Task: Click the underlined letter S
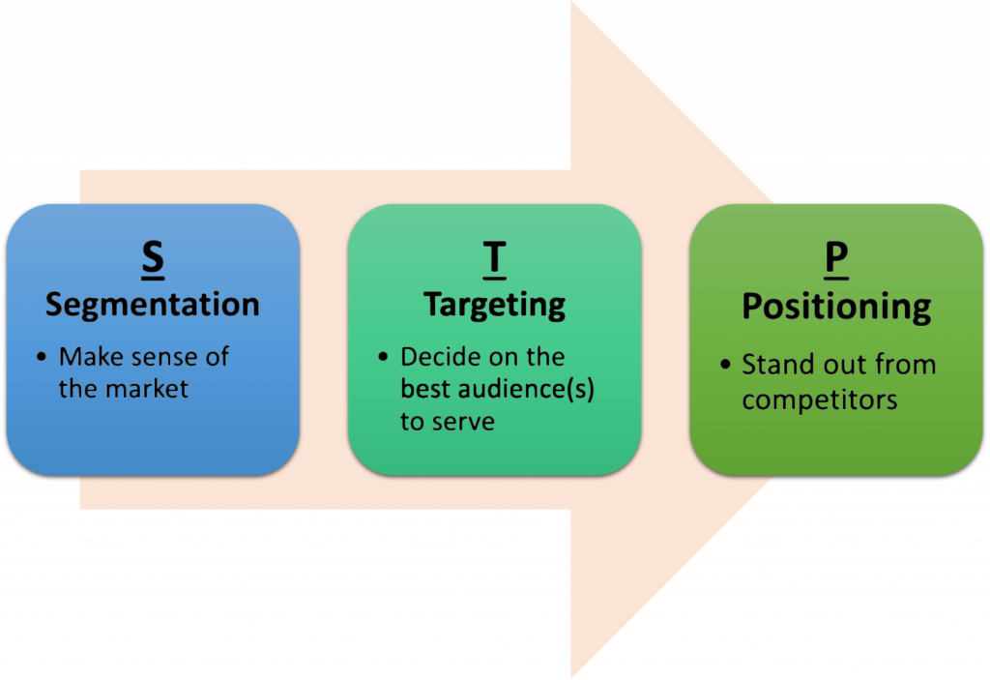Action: click(x=153, y=259)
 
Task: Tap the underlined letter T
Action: click(x=494, y=259)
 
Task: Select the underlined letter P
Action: click(x=836, y=259)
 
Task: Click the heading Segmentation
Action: click(x=153, y=305)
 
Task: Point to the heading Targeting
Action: click(x=494, y=306)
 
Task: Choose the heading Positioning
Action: click(x=836, y=307)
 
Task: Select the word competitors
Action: click(x=819, y=399)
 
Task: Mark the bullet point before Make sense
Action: click(x=42, y=358)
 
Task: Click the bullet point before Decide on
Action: click(x=383, y=358)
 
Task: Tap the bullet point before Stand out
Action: click(x=724, y=366)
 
